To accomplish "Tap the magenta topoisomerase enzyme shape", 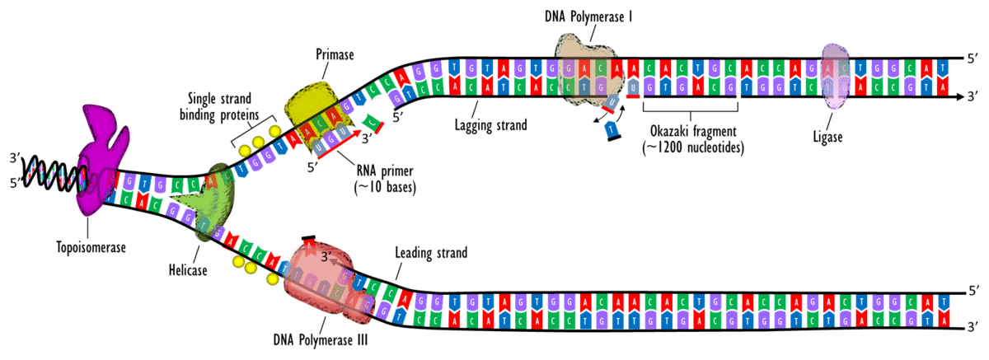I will [100, 157].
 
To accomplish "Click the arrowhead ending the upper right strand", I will [961, 96].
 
